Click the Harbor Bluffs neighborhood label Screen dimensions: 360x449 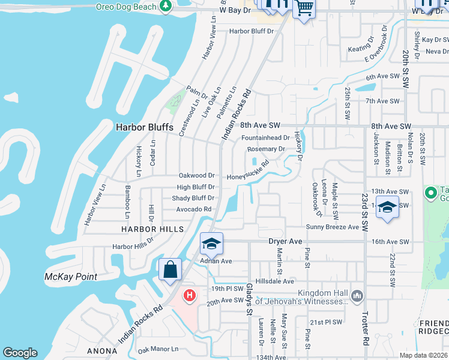[144, 127]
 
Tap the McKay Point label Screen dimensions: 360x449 [71, 277]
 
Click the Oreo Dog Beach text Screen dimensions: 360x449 [126, 7]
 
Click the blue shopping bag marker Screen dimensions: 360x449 [170, 269]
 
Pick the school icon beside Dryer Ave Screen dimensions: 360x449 [211, 244]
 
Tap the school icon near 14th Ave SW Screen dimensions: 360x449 [388, 208]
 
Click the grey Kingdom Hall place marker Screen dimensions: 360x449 [357, 295]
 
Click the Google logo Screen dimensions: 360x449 [20, 353]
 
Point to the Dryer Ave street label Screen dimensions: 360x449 [285, 241]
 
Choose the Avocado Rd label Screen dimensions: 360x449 [194, 209]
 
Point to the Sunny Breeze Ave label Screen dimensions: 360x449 [333, 226]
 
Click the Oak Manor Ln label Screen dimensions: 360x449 [158, 349]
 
